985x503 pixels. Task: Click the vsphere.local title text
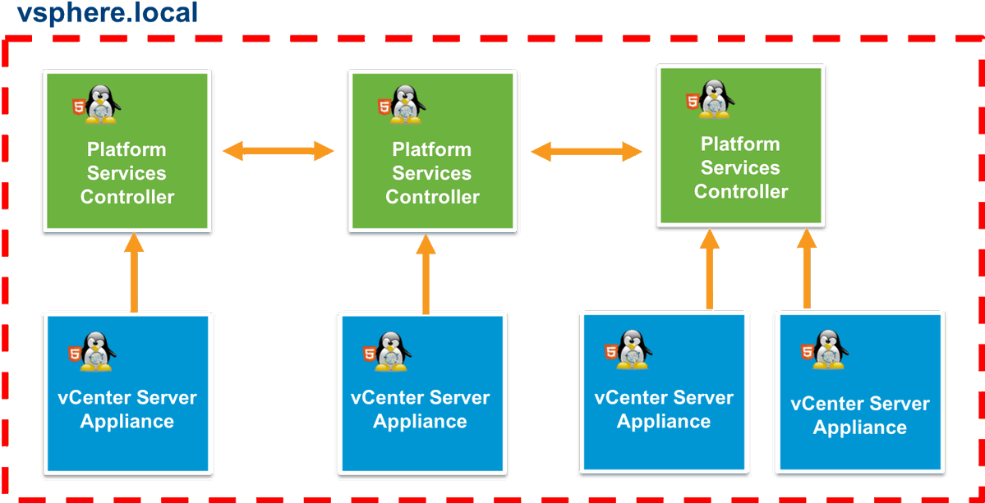tap(107, 13)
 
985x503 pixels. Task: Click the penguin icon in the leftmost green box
tap(101, 104)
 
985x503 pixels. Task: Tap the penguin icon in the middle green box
tap(406, 104)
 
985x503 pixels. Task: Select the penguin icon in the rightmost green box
tap(715, 99)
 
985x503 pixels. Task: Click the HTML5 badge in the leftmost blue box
tap(76, 354)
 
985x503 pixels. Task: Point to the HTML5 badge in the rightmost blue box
tap(808, 351)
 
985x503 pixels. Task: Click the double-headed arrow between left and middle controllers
tap(278, 151)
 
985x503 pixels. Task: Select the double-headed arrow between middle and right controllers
tap(587, 151)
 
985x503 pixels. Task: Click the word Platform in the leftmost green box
tap(127, 149)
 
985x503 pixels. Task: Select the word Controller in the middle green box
tap(432, 197)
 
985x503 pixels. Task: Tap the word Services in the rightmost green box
tap(740, 167)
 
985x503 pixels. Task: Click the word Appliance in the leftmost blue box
tap(127, 421)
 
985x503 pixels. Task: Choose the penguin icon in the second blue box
tap(393, 351)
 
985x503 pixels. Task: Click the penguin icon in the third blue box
tap(635, 350)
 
